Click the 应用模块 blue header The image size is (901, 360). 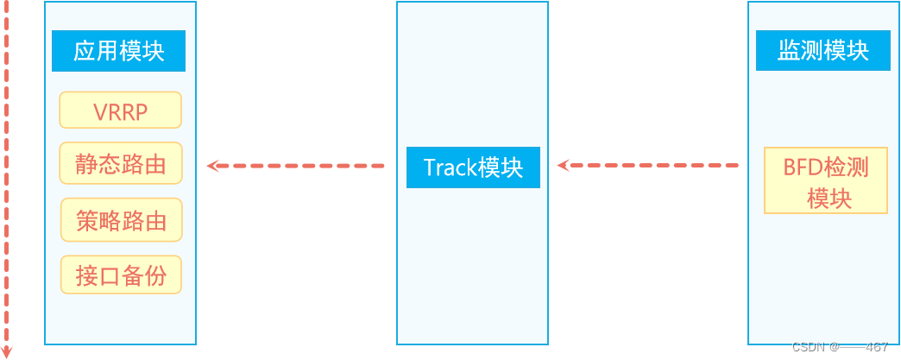pyautogui.click(x=118, y=51)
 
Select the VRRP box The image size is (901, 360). pyautogui.click(x=120, y=111)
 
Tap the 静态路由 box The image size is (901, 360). pyautogui.click(x=121, y=163)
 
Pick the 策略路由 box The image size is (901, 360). pyautogui.click(x=121, y=220)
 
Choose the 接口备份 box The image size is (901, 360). pyautogui.click(x=121, y=275)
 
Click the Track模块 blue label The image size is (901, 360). pyautogui.click(x=473, y=167)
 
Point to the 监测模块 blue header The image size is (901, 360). pyautogui.click(x=822, y=51)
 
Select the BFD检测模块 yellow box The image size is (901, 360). pyautogui.click(x=825, y=180)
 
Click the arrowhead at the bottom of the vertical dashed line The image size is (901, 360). pyautogui.click(x=7, y=351)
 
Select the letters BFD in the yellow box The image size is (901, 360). pyautogui.click(x=800, y=167)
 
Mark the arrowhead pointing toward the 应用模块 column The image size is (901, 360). pyautogui.click(x=212, y=166)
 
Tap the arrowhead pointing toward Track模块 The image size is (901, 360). pyautogui.click(x=563, y=165)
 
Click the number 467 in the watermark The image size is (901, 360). pyautogui.click(x=877, y=347)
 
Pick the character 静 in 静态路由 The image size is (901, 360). pyautogui.click(x=85, y=164)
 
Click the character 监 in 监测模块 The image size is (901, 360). pyautogui.click(x=789, y=51)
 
